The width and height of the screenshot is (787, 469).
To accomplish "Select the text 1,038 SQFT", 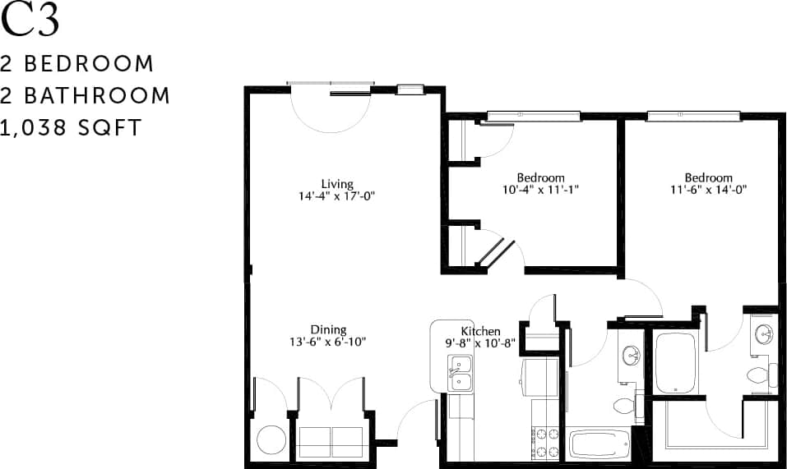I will point(72,128).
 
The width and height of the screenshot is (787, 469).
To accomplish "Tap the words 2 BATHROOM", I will point(86,95).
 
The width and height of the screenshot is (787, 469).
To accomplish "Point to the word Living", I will point(337,184).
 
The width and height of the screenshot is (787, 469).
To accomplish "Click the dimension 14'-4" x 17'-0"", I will point(337,196).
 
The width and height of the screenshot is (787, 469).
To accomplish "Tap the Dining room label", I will point(328,330).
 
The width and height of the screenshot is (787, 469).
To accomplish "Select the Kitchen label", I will point(481,331).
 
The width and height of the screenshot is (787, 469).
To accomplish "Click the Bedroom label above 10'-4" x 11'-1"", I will point(540,177).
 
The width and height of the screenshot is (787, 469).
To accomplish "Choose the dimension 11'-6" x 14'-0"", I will point(709,190).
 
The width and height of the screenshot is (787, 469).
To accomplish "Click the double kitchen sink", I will point(459,374).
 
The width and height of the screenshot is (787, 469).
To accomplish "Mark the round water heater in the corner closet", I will point(271,439).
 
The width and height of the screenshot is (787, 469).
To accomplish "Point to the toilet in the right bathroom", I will point(758,376).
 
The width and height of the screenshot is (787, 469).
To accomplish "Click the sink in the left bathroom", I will point(632,356).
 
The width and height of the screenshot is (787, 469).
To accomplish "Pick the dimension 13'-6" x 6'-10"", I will point(328,343).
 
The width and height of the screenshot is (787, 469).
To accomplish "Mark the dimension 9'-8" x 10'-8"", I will point(481,343).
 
